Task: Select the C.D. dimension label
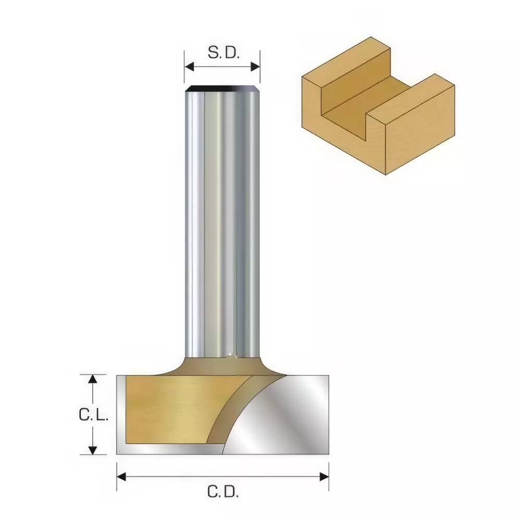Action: click(x=222, y=491)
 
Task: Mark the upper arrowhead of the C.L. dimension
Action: click(x=93, y=379)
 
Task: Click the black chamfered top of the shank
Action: click(x=222, y=89)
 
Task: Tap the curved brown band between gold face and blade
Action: click(x=229, y=412)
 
